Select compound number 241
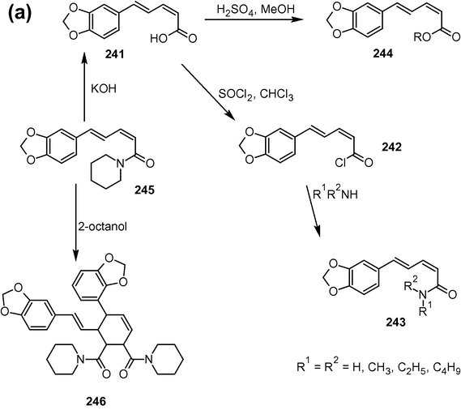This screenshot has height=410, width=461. [115, 54]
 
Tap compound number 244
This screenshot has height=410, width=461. [383, 53]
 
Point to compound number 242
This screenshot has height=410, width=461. [391, 147]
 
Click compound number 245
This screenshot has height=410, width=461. [144, 190]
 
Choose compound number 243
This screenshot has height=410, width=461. [395, 322]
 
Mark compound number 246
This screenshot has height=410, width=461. [96, 401]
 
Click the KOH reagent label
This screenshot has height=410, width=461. [104, 88]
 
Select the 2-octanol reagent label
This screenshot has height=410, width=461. [103, 226]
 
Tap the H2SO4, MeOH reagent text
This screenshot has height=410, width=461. [255, 10]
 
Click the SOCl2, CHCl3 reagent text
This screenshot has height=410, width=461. [256, 95]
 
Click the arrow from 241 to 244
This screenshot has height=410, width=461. [254, 19]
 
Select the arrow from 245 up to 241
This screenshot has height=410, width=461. [84, 87]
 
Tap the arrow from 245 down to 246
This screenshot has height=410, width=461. [75, 222]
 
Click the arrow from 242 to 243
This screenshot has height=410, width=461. [313, 211]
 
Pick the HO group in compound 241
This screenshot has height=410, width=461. [159, 39]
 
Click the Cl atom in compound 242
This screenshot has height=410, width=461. [340, 163]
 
